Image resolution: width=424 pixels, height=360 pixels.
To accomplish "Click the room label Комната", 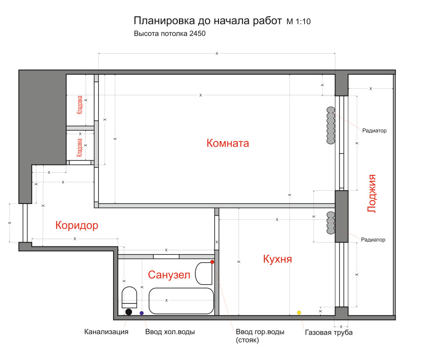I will pyautogui.click(x=227, y=143).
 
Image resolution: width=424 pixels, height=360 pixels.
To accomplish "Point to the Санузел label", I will pyautogui.click(x=169, y=275).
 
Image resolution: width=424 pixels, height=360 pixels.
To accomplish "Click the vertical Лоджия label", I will pyautogui.click(x=372, y=193).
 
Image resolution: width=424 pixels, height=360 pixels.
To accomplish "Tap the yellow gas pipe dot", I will pyautogui.click(x=299, y=312).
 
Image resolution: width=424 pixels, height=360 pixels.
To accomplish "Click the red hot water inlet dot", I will pyautogui.click(x=212, y=261).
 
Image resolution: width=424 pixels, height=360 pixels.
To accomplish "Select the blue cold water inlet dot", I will pyautogui.click(x=142, y=313).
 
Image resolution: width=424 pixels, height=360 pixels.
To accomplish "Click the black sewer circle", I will pyautogui.click(x=128, y=312).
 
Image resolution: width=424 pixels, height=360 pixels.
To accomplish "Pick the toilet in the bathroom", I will pyautogui.click(x=129, y=298).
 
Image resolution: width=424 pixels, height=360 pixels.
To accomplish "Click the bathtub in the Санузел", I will pyautogui.click(x=181, y=300).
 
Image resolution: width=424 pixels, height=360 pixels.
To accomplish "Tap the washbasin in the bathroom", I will pyautogui.click(x=204, y=273).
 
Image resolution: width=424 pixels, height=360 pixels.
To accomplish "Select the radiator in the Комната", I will pyautogui.click(x=330, y=125).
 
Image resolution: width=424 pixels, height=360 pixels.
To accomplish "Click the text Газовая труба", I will pyautogui.click(x=328, y=333).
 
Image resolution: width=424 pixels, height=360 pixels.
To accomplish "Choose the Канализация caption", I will pyautogui.click(x=106, y=332).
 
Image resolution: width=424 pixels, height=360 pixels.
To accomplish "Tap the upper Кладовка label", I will pyautogui.click(x=80, y=105).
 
